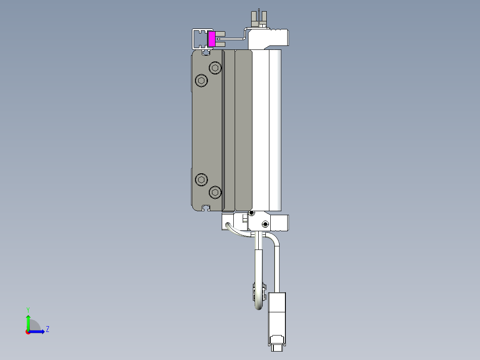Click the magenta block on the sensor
212,39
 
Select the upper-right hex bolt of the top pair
216,68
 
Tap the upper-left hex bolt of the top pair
202,81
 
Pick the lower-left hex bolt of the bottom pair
202,180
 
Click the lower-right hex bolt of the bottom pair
216,192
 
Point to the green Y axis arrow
28,321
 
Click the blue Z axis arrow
38,331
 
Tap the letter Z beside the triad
47,329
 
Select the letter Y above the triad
28,309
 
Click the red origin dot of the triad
28,332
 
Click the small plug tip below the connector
277,348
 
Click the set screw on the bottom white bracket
265,224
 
